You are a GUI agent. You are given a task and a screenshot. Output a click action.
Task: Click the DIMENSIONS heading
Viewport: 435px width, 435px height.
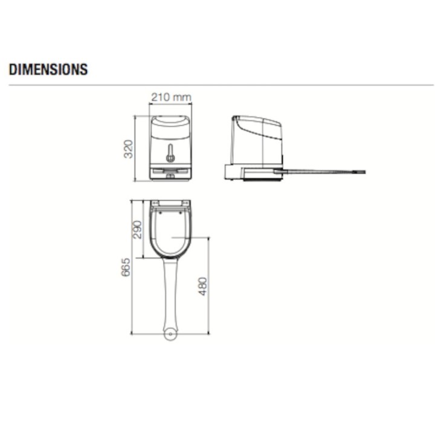[x=48, y=69]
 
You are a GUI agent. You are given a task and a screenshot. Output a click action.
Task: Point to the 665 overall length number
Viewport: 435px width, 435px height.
[x=126, y=267]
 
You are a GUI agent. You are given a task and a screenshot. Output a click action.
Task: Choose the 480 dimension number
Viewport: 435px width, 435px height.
[x=203, y=286]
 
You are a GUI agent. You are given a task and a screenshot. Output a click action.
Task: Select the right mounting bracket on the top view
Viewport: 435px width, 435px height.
[x=185, y=202]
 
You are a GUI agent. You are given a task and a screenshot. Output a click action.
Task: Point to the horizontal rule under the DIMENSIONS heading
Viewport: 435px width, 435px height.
[x=217, y=85]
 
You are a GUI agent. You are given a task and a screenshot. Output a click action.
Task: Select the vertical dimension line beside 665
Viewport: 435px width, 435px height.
[x=132, y=266]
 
